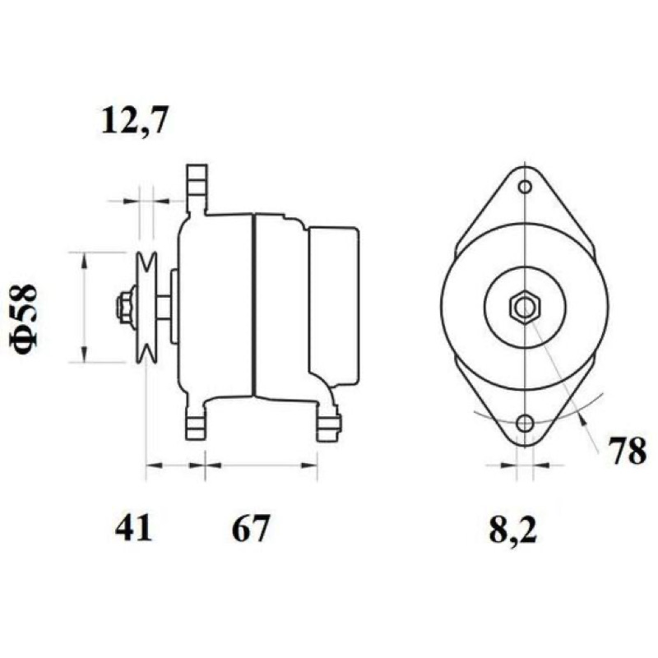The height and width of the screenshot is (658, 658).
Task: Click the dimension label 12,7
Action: tap(135, 120)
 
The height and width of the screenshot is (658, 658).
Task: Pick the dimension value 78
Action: tap(628, 451)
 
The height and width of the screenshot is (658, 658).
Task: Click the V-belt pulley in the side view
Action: tap(146, 307)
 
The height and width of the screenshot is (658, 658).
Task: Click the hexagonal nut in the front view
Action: tap(525, 307)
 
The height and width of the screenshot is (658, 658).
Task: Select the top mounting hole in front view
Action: tap(525, 187)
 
